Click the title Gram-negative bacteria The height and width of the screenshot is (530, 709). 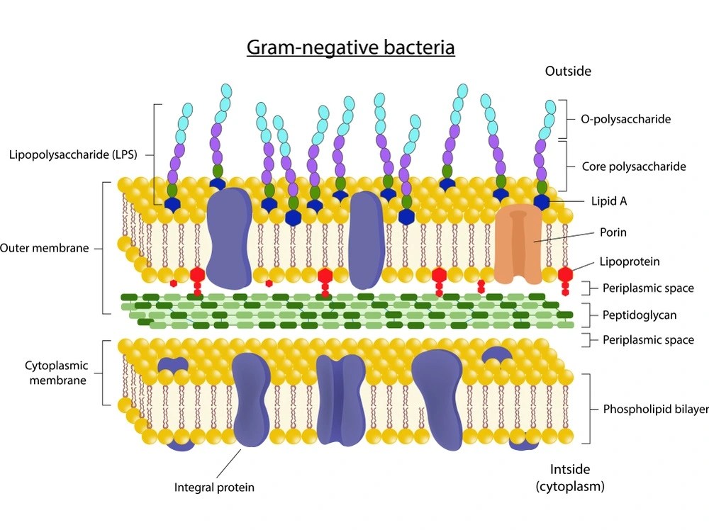pos(350,47)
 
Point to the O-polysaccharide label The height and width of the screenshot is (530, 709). pos(625,119)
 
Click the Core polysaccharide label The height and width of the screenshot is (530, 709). pos(634,167)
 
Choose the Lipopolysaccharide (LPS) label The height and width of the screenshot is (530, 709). pos(72,154)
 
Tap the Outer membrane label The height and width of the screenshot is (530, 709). pos(45,248)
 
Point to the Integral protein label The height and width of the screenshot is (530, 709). pos(214,487)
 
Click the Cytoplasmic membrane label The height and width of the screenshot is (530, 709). pos(56,373)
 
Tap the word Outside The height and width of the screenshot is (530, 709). pos(568,71)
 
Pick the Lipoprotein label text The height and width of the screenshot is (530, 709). pos(630,261)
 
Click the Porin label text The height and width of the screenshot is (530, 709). pos(613,232)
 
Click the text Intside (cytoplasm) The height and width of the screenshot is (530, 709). pos(570,478)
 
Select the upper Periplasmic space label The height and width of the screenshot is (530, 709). pos(648,288)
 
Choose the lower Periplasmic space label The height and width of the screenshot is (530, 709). pos(648,340)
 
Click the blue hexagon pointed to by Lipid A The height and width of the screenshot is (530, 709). pos(542,201)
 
